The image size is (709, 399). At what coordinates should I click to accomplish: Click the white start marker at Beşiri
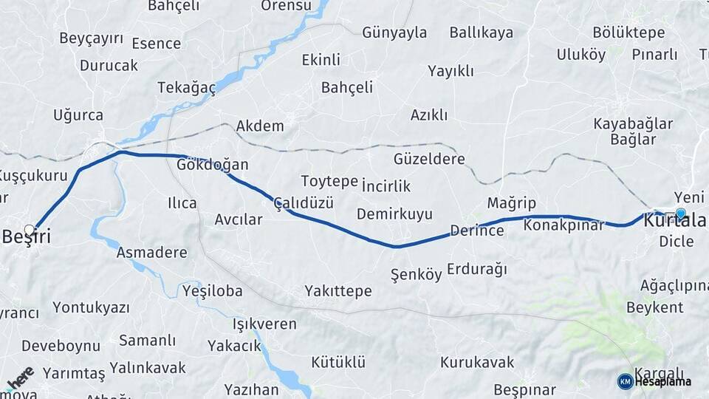coord(30,230)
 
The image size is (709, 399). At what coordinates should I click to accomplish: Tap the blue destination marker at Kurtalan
coord(680,214)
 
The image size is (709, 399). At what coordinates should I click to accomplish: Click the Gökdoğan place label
coord(213,164)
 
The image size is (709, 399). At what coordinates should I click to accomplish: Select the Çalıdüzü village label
coord(304,202)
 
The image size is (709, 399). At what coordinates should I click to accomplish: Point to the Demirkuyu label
coord(394,214)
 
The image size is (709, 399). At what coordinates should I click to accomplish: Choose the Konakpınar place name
coord(564,225)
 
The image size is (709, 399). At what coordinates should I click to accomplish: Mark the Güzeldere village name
coord(429,159)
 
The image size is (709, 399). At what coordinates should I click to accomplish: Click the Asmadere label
coord(151,253)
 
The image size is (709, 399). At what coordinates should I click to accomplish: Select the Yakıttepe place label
coord(338,291)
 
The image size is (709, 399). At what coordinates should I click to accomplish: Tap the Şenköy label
coord(416,275)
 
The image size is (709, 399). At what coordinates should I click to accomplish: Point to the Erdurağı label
coord(477,270)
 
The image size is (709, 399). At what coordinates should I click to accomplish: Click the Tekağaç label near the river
coord(187,88)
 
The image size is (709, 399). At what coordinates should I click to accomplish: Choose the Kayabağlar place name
coord(633,123)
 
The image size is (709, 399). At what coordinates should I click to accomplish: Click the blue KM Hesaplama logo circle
coord(625,381)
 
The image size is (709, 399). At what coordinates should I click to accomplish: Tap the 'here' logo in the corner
coord(21,378)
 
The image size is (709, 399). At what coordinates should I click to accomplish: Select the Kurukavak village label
coord(477,362)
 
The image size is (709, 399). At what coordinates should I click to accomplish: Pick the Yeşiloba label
coord(212,291)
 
